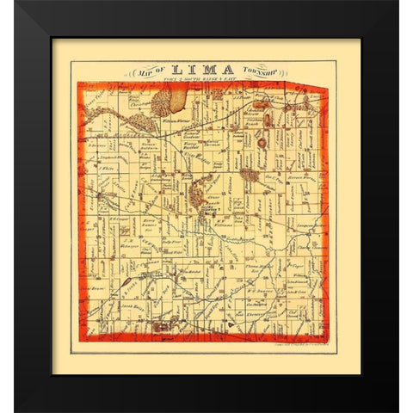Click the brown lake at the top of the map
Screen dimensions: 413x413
(x=174, y=102)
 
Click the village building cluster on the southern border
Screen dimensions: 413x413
(x=163, y=327)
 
